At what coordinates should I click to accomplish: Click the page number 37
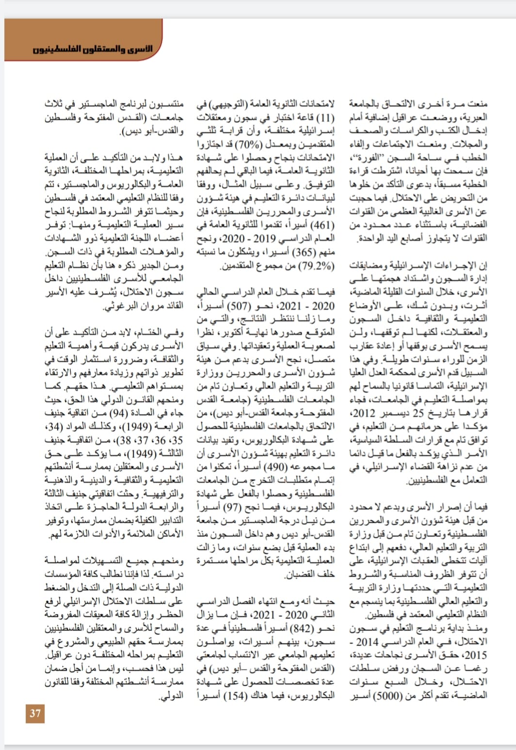(35, 713)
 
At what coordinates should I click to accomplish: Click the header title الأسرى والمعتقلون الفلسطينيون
(93, 49)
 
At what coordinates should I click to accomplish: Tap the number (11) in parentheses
(325, 117)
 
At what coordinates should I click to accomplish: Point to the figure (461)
(322, 225)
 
